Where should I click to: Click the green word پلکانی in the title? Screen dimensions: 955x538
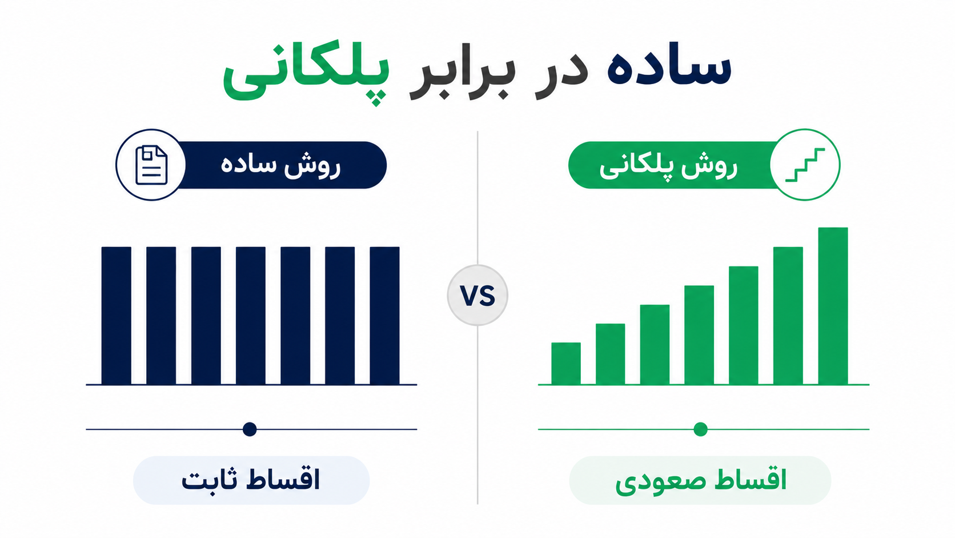coord(306,73)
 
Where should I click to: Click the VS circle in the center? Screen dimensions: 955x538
coord(477,295)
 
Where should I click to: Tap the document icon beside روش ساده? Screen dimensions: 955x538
coord(151,165)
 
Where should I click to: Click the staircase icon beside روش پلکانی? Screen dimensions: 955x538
coord(805,165)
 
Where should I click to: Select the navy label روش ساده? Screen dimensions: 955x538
coord(280,165)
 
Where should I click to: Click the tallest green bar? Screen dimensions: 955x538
coord(833,306)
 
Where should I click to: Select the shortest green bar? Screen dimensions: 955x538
coord(566,364)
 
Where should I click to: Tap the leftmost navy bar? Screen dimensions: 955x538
coord(117,316)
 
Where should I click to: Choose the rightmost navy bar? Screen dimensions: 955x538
coord(384,316)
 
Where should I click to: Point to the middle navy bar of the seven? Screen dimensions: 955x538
coord(251,316)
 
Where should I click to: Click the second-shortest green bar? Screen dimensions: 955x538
coord(610,354)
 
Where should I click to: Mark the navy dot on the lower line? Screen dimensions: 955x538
coord(250,429)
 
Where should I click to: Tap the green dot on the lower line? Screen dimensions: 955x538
coord(700,429)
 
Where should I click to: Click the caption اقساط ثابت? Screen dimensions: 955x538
coord(251,480)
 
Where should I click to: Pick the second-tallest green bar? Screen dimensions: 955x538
coord(788,316)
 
